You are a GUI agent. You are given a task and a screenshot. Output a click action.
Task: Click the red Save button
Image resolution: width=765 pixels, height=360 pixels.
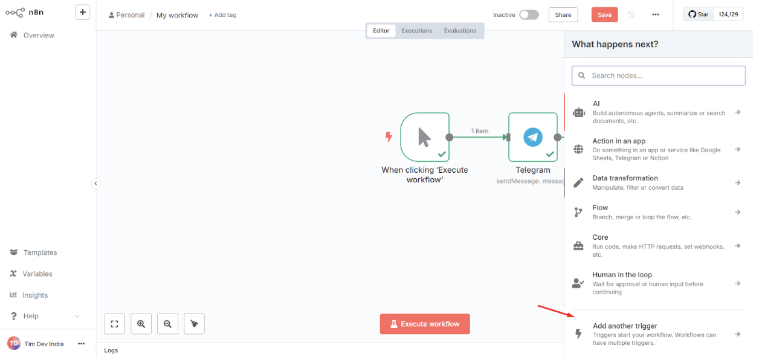(x=604, y=14)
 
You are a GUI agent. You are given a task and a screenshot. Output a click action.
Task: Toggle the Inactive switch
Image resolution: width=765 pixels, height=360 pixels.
(x=529, y=14)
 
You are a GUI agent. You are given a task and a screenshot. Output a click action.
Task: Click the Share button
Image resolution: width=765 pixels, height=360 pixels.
(x=563, y=14)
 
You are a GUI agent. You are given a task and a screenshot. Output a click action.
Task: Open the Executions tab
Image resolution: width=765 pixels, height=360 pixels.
(x=417, y=31)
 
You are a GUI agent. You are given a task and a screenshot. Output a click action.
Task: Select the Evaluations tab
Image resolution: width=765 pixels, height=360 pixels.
(x=460, y=31)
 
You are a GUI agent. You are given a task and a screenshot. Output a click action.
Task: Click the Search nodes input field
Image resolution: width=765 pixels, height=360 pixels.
(x=659, y=76)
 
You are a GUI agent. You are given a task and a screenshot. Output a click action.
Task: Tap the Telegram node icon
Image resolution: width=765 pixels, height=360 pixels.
(x=533, y=137)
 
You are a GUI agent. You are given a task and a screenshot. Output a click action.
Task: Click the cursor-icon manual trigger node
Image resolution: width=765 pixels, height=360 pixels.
(x=425, y=137)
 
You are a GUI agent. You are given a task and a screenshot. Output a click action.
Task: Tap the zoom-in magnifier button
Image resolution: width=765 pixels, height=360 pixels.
(x=141, y=324)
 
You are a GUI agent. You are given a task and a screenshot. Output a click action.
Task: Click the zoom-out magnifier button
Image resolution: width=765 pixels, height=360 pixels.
(x=167, y=324)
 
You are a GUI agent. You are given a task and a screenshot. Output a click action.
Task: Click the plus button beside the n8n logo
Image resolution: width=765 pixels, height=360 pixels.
(x=83, y=12)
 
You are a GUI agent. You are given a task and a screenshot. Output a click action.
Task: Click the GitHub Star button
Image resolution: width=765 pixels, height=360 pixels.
(x=699, y=14)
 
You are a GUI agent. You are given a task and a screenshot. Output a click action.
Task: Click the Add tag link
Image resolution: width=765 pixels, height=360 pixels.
(x=222, y=15)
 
